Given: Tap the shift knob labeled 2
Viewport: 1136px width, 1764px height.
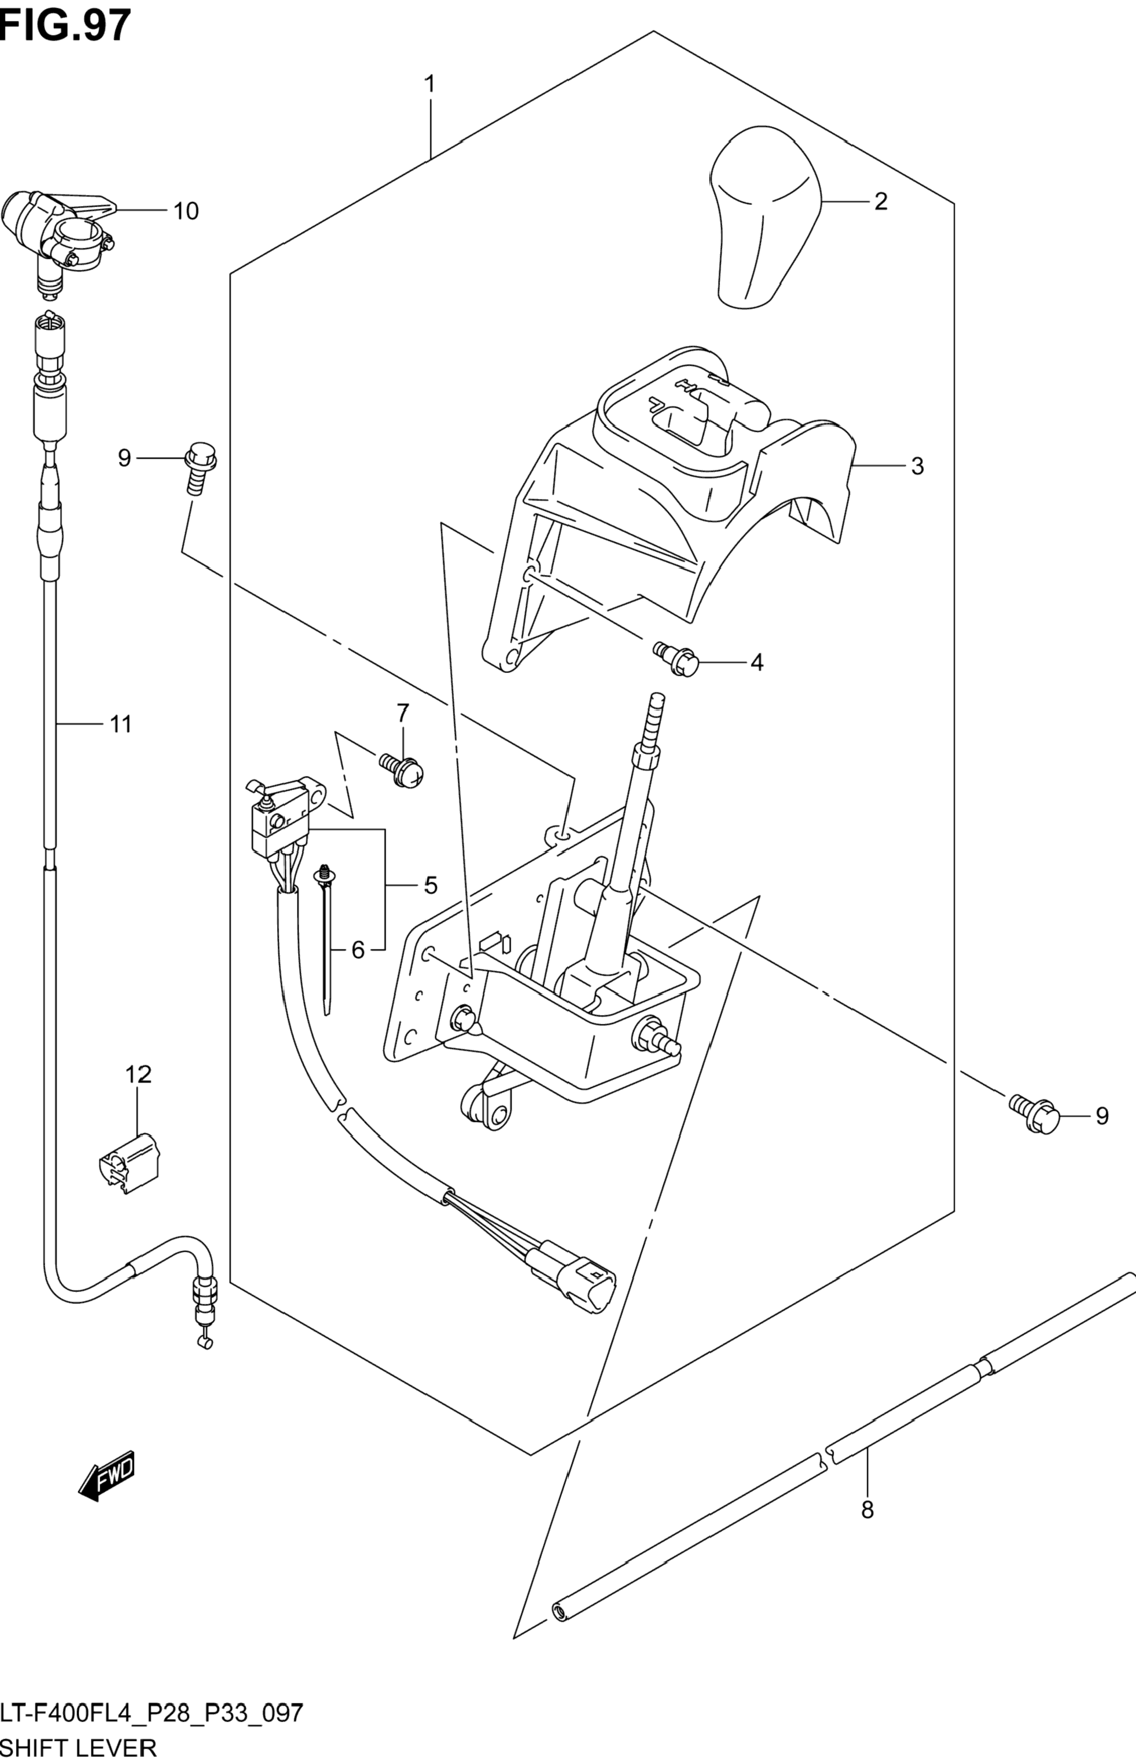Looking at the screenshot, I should click(766, 218).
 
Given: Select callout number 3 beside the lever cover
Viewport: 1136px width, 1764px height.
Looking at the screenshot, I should click(917, 466).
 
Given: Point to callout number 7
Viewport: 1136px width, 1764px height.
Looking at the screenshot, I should click(403, 713).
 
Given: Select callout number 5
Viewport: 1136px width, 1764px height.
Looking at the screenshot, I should click(431, 885).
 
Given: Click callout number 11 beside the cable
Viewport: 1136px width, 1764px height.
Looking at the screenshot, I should click(121, 724).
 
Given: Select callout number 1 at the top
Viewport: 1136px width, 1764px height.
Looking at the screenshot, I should click(429, 84).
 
